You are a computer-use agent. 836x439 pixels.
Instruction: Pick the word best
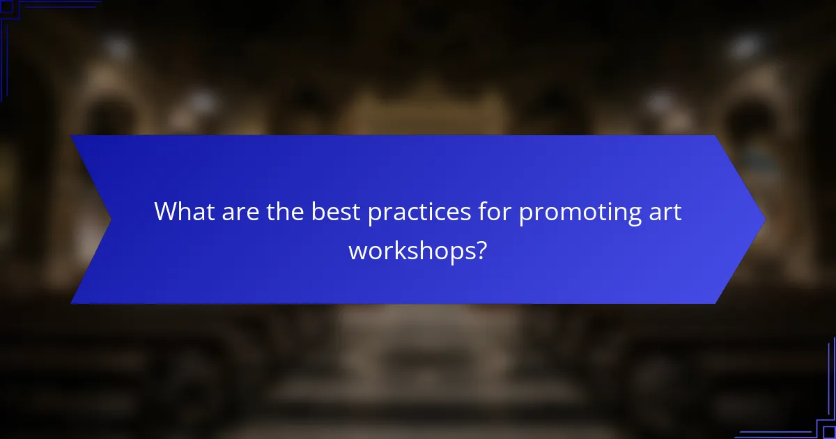pos(336,211)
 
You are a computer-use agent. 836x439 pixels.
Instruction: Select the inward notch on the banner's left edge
pos(109,219)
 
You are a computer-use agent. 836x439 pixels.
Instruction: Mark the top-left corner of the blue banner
pos(72,137)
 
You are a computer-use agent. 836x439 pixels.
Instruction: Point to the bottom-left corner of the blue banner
pos(72,302)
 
